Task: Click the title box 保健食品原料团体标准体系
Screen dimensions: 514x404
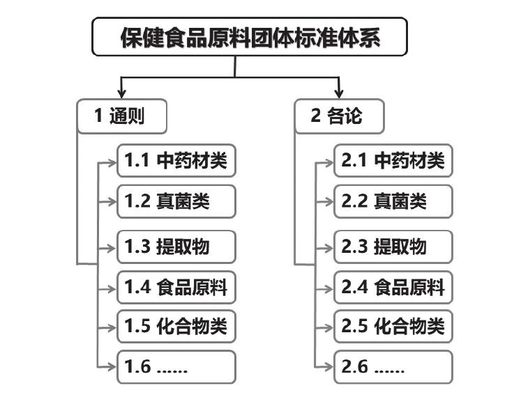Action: coord(250,37)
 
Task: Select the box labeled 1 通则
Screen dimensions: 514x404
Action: coord(122,116)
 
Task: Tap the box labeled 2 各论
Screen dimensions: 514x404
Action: coord(339,116)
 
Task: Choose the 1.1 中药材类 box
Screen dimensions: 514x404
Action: coord(176,160)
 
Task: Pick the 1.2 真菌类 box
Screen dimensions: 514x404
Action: coord(176,201)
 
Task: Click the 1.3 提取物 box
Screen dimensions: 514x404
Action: coord(176,247)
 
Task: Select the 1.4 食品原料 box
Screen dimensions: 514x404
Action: coord(176,288)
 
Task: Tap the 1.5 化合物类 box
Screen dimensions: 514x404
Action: coord(176,327)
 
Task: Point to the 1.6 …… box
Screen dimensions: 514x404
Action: coord(176,366)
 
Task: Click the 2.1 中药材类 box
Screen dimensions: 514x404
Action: coord(393,160)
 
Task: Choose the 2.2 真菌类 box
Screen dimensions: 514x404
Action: coord(393,201)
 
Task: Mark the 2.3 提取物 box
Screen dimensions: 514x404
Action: coord(393,247)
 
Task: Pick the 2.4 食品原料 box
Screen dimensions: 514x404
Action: coord(393,288)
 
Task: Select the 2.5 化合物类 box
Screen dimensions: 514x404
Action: coord(393,327)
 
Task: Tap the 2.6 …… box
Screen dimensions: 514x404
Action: coord(393,366)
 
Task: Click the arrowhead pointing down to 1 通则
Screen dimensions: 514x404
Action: coord(121,93)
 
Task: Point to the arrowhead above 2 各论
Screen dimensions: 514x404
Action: coord(339,93)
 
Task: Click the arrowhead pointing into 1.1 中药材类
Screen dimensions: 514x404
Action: coord(112,162)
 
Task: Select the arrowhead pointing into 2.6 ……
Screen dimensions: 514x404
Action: coord(328,366)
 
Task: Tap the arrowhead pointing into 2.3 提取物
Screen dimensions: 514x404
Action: coord(328,248)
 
